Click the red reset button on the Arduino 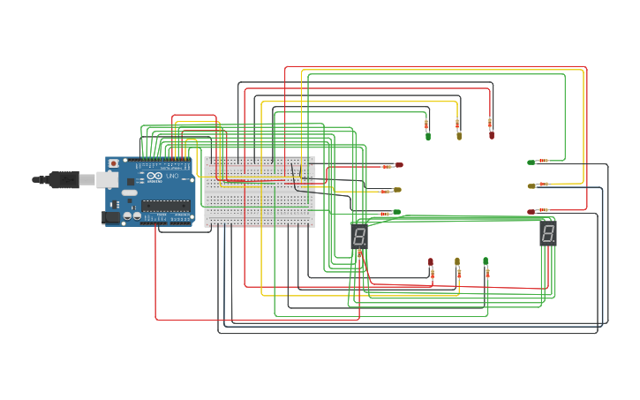point(113,164)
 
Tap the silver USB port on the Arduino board point(109,179)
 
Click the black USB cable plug point(64,179)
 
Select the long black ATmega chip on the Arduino point(167,207)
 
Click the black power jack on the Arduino point(111,216)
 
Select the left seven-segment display point(359,236)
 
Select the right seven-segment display point(548,233)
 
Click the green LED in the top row point(428,136)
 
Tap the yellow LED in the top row point(458,135)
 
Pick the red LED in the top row point(492,135)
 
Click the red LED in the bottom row point(431,262)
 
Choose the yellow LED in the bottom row point(457,261)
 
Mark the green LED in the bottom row point(486,260)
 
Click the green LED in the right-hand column point(531,162)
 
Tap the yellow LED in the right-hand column point(531,186)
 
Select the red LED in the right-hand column point(531,212)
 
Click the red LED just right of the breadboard point(399,165)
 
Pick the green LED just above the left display point(397,212)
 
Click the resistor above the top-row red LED point(491,122)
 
